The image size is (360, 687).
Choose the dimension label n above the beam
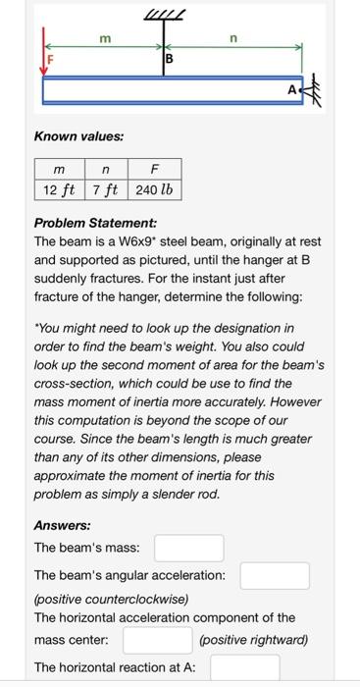pos(232,37)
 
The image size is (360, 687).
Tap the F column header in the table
pos(154,171)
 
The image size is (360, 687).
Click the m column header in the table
pos(59,171)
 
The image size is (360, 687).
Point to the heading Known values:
pos(78,136)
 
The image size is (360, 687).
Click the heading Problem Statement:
pos(95,223)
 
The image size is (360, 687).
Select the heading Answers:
pos(62,525)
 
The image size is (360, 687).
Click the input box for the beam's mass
pos(188,548)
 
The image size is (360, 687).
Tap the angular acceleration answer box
pos(275,575)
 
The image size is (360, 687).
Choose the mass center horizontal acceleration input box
pos(156,641)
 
